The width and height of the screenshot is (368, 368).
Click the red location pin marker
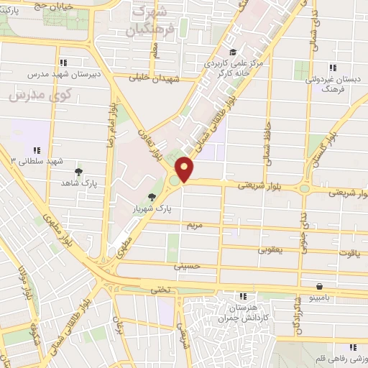point(185,169)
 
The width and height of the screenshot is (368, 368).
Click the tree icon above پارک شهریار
point(151,197)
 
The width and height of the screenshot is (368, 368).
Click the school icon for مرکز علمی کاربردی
point(232,52)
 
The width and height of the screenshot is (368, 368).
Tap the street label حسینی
point(185,266)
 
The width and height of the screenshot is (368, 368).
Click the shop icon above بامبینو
point(318,285)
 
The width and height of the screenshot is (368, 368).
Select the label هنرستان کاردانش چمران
point(244,311)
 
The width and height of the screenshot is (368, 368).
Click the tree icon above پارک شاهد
point(78,172)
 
